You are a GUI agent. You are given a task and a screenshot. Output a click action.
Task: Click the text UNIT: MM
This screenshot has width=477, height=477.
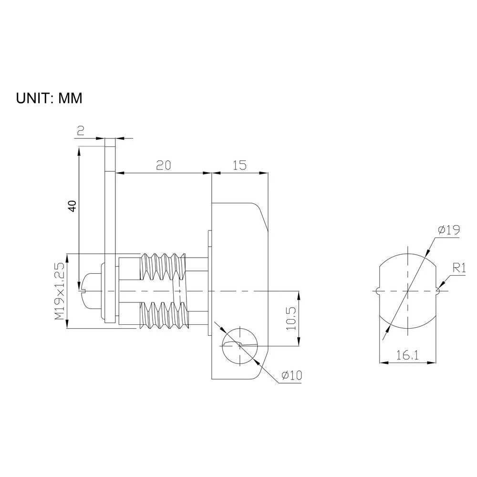tap(50, 98)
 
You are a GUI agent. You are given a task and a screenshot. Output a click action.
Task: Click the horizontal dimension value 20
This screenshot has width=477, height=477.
tap(163, 165)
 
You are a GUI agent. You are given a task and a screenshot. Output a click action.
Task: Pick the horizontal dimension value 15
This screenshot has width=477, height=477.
tap(239, 165)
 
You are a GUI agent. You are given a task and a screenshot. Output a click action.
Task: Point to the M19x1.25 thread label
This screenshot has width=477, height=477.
tap(59, 291)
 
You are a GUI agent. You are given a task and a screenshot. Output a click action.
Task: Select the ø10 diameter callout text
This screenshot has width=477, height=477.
tap(291, 376)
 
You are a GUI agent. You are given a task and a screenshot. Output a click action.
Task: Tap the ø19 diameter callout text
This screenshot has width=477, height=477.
tap(448, 230)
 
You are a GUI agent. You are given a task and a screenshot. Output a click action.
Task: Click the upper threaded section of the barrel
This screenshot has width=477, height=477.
tap(163, 267)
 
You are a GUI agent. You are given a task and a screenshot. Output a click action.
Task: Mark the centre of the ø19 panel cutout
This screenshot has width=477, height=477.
tap(408, 290)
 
